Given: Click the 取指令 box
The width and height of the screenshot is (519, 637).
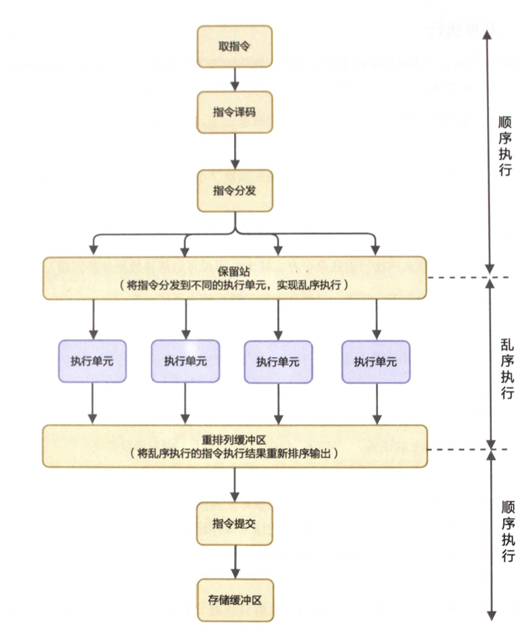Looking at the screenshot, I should (x=234, y=46).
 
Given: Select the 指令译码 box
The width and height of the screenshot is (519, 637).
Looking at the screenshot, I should (x=234, y=112).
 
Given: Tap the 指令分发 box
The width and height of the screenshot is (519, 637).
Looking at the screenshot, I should (x=234, y=190).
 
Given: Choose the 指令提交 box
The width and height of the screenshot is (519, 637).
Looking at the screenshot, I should (x=234, y=524).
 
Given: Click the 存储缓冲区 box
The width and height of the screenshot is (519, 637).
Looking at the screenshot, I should (x=234, y=600).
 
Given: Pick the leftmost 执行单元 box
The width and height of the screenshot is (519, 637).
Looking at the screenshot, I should (x=92, y=361).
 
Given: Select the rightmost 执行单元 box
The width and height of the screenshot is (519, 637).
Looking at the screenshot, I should (x=376, y=361).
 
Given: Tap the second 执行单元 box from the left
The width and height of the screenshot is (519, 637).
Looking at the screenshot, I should (x=185, y=361).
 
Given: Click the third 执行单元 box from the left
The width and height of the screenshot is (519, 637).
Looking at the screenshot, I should (x=278, y=362).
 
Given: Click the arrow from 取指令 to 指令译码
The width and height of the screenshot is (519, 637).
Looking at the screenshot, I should (x=234, y=79).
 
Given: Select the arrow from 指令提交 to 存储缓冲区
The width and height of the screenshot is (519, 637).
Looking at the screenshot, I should (x=234, y=562).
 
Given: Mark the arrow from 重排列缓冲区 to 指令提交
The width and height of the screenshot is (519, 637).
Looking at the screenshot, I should (x=234, y=485).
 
